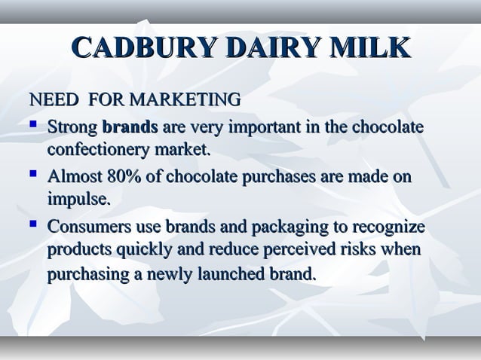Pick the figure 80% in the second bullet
tap(126, 177)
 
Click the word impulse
tap(79, 200)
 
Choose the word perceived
tap(290, 250)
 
